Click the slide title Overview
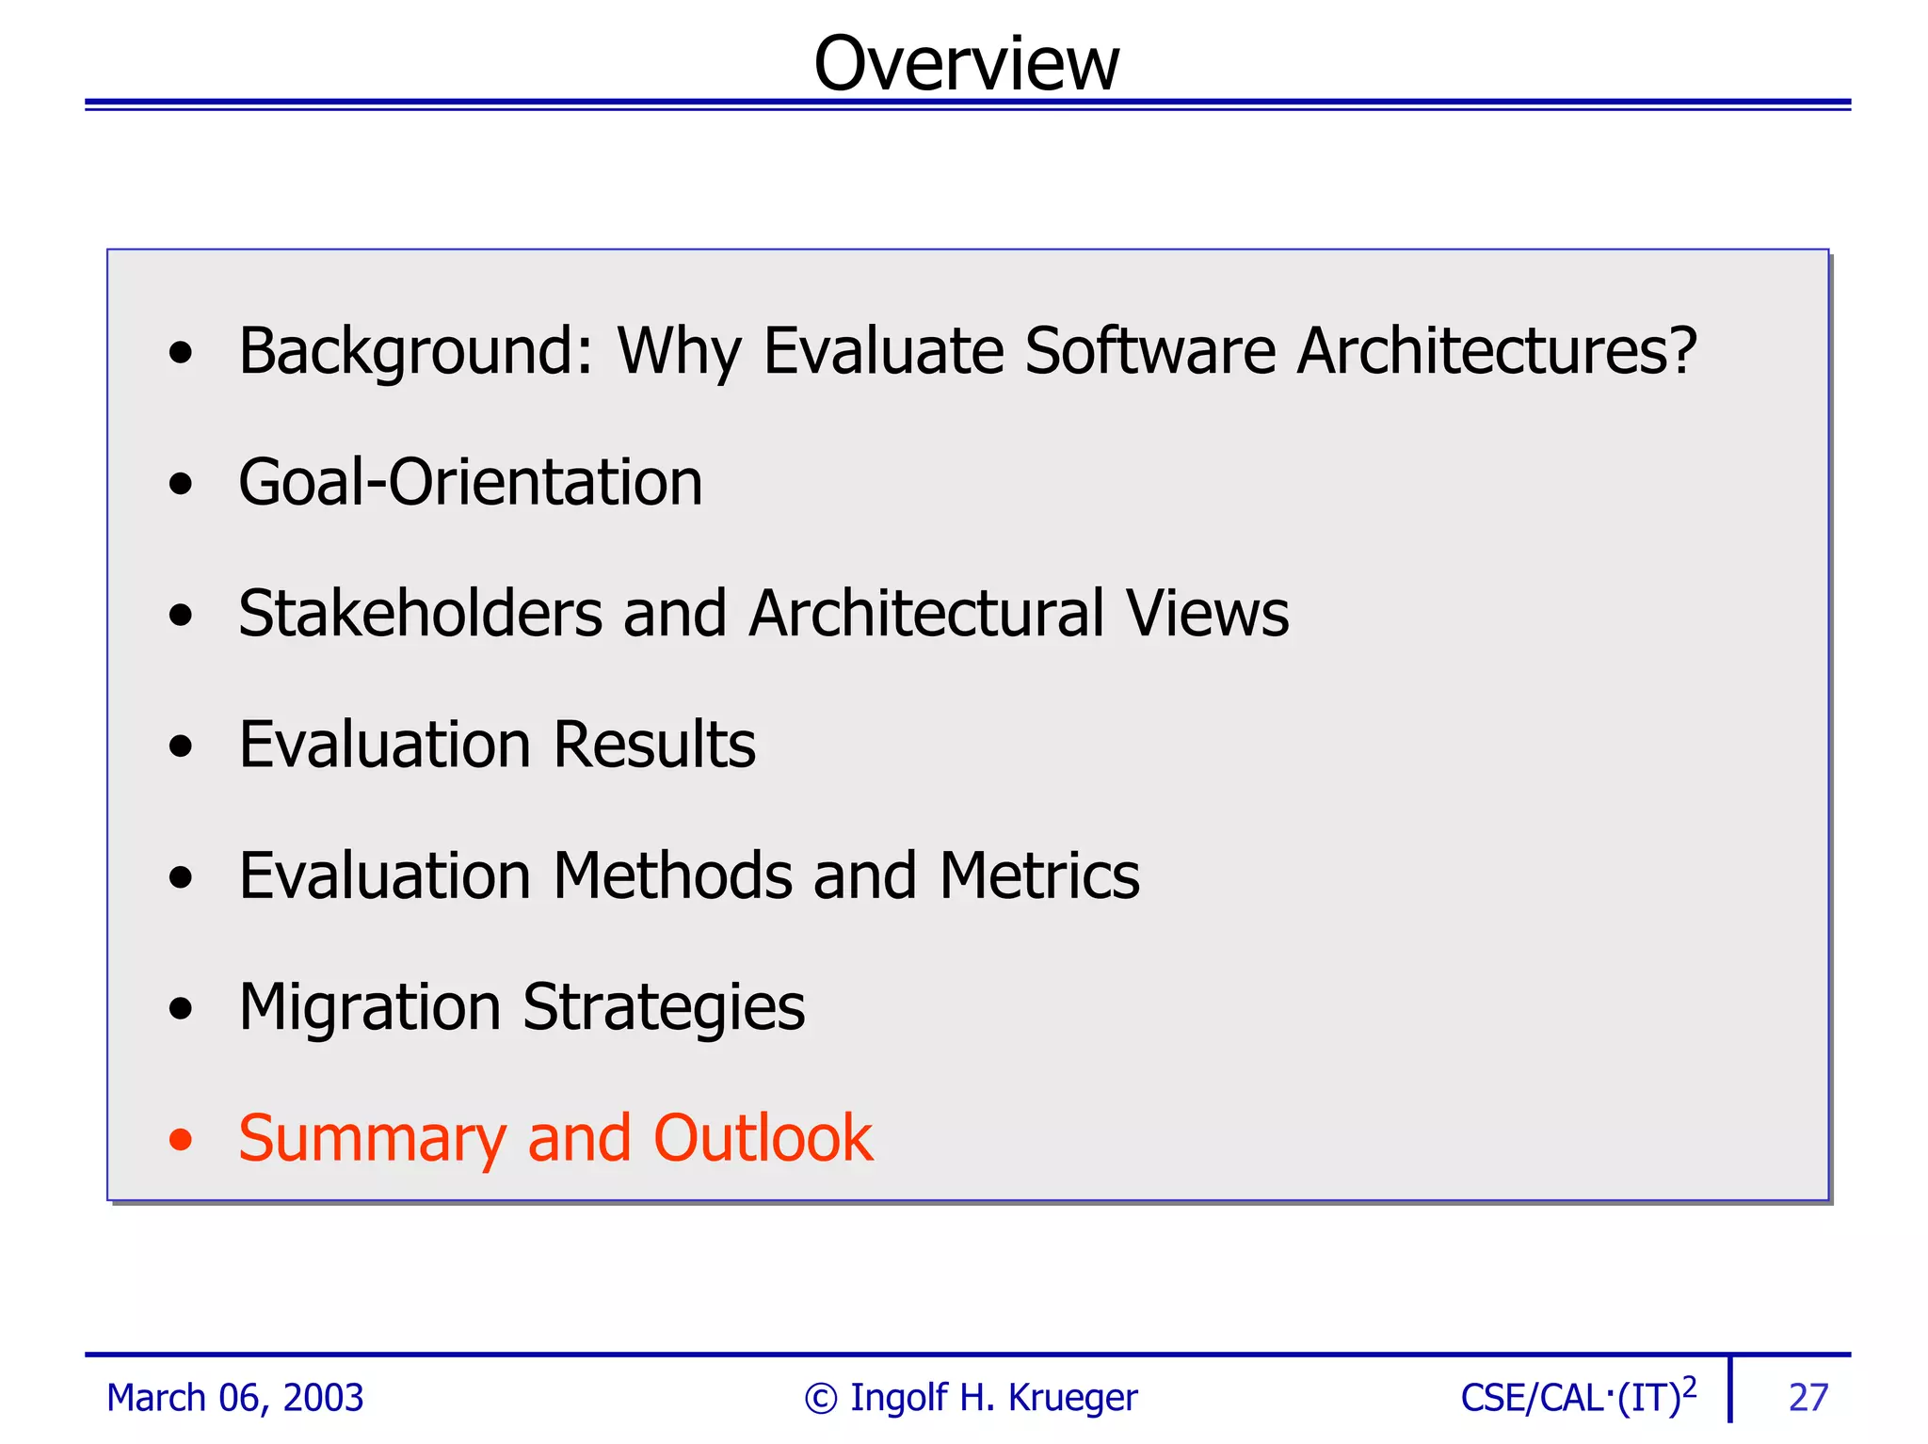coord(966,64)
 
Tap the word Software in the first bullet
coord(1149,351)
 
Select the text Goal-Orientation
coord(470,482)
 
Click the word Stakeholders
coord(420,614)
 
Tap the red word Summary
coord(373,1139)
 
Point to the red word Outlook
coord(763,1138)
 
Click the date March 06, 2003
coord(235,1398)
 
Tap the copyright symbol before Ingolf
coord(821,1399)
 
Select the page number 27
coord(1807,1398)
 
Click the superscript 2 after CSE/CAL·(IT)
coord(1689,1387)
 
